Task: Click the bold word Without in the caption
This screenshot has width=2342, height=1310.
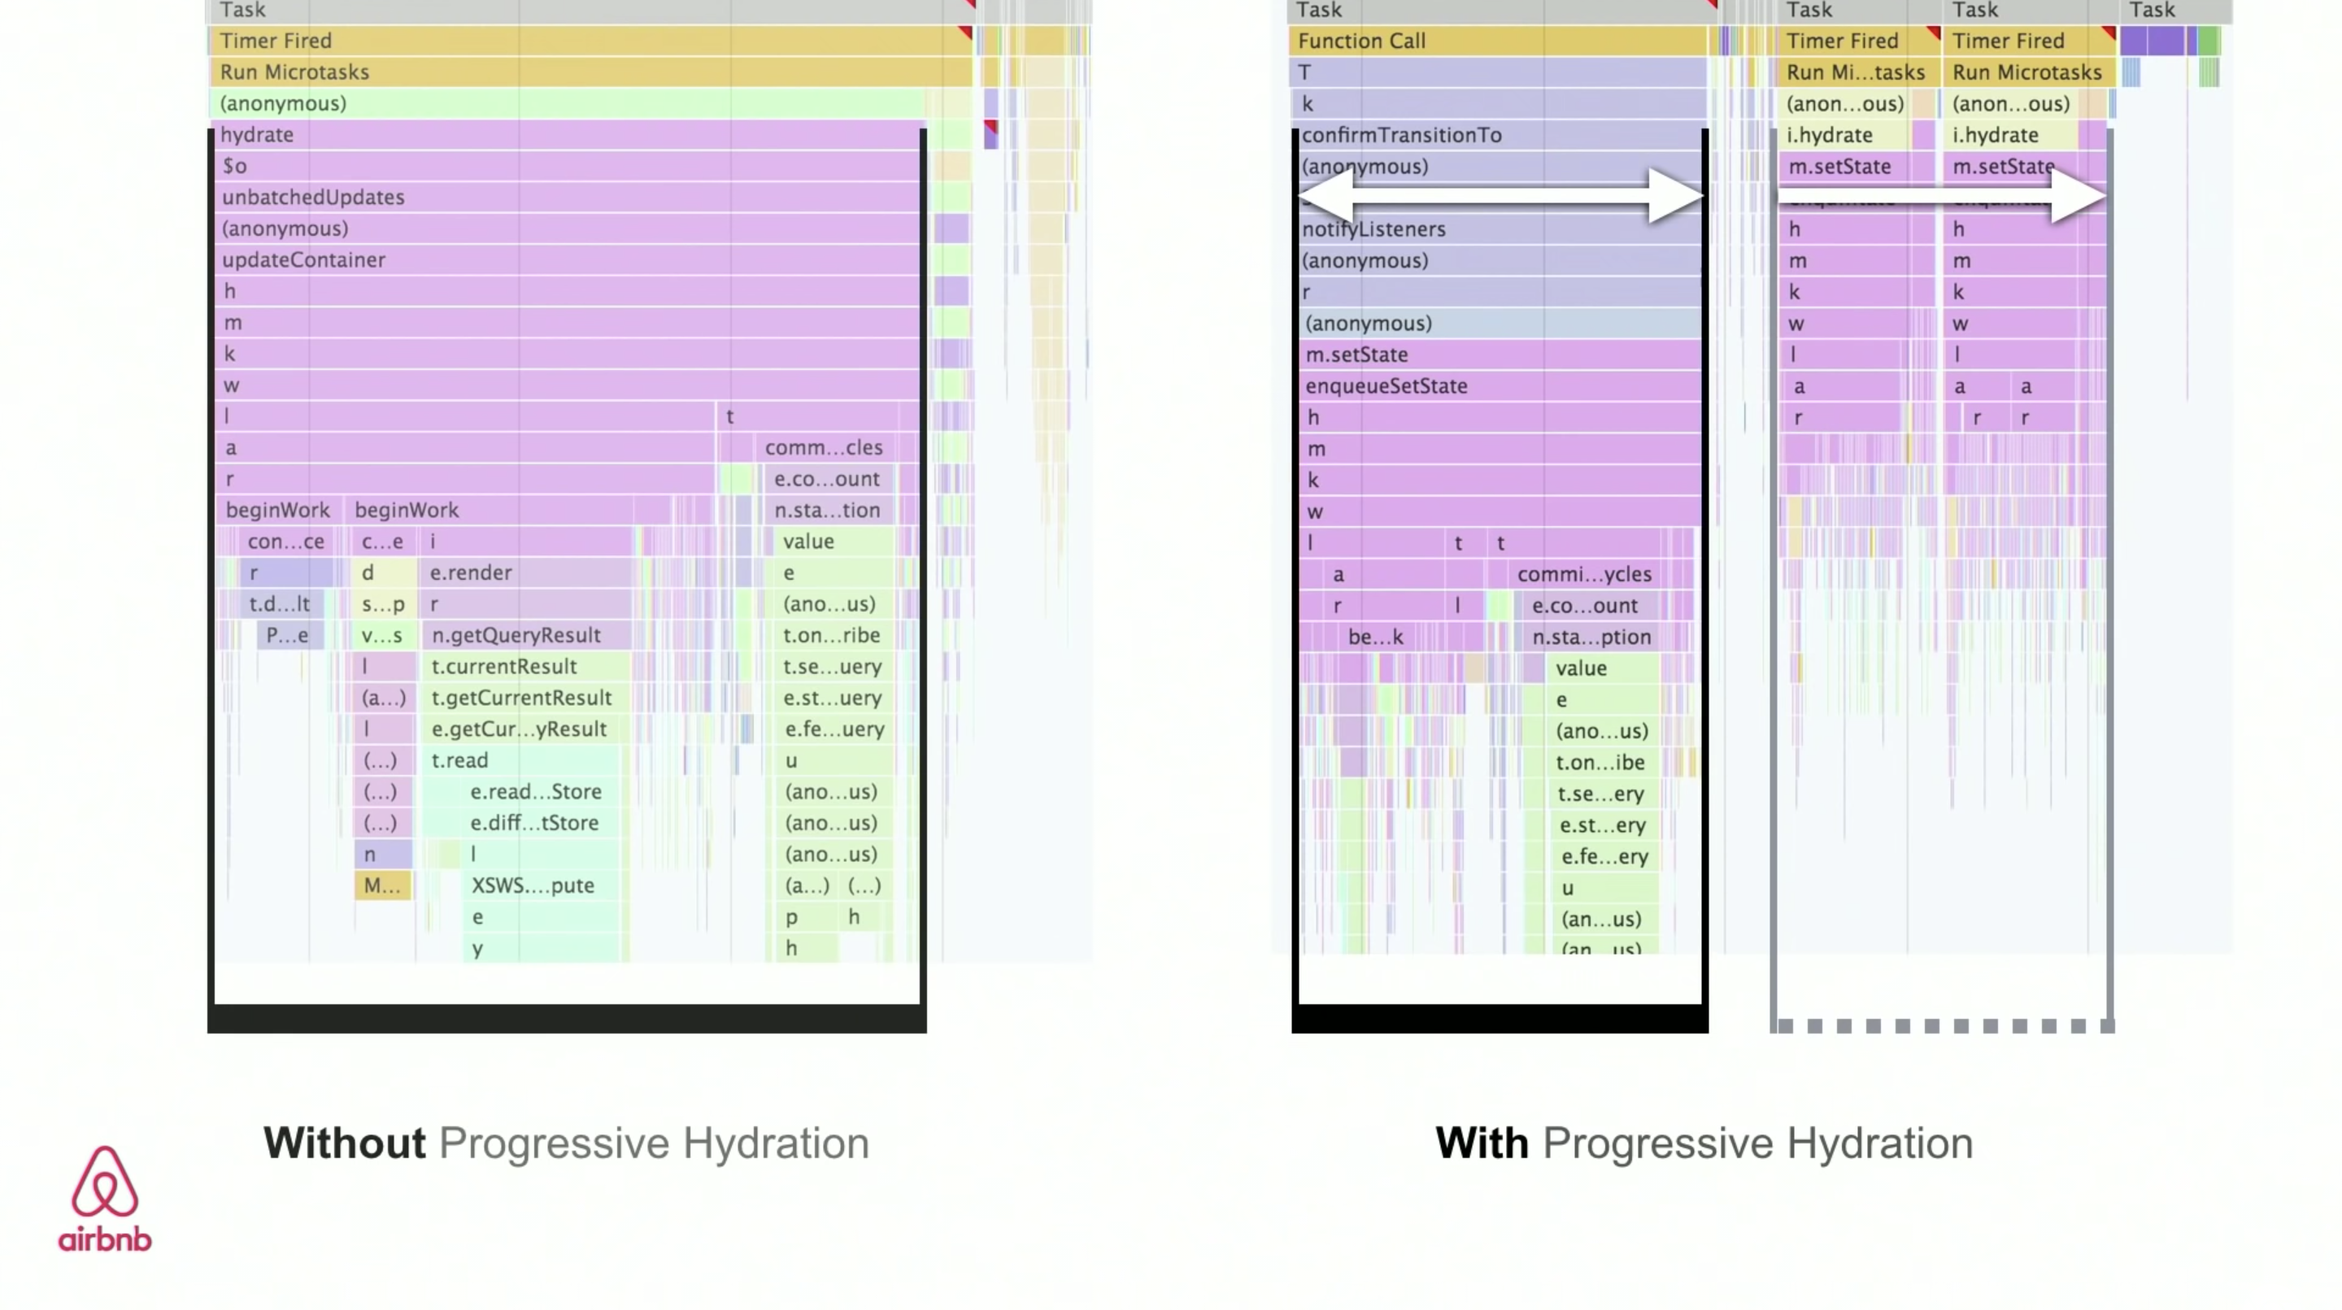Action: (x=345, y=1142)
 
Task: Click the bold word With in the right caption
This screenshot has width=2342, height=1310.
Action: (x=1481, y=1142)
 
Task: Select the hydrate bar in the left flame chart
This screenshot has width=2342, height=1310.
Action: (x=564, y=134)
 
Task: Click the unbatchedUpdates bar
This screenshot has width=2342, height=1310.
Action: (x=564, y=198)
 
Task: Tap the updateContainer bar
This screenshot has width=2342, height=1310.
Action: (x=564, y=260)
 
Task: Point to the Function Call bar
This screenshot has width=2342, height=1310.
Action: (x=1496, y=41)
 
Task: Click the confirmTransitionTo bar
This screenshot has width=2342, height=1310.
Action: (x=1496, y=136)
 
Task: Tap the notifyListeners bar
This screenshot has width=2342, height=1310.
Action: (x=1496, y=230)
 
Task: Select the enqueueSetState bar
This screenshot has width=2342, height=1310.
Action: (x=1496, y=386)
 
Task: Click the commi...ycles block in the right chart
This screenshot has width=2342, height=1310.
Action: (x=1584, y=575)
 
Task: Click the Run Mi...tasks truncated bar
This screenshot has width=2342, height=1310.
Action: (x=1857, y=72)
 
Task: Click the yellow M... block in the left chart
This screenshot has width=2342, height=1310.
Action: (x=382, y=886)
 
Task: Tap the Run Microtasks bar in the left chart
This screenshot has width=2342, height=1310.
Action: (x=591, y=72)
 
